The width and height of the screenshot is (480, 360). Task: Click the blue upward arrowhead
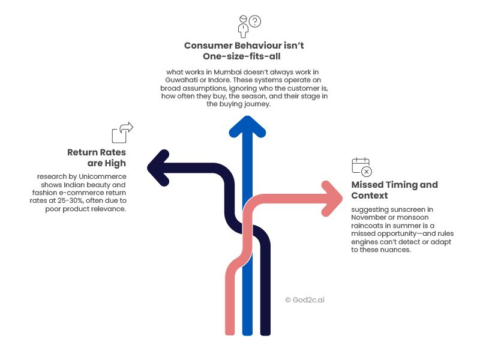(247, 125)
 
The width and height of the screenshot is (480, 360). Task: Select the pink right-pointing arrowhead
(333, 199)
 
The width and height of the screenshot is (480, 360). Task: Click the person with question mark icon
(250, 26)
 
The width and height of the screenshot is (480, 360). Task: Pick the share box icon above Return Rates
(122, 133)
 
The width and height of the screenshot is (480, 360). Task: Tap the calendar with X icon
(362, 167)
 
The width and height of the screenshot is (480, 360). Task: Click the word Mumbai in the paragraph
(227, 72)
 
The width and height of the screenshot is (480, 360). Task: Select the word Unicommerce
(103, 176)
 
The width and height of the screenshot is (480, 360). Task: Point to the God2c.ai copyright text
(305, 300)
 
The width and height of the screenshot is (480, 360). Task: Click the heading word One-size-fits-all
(242, 56)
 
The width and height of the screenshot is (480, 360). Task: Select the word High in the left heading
(115, 163)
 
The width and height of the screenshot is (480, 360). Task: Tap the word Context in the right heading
(370, 196)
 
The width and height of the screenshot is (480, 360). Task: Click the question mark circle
(255, 21)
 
